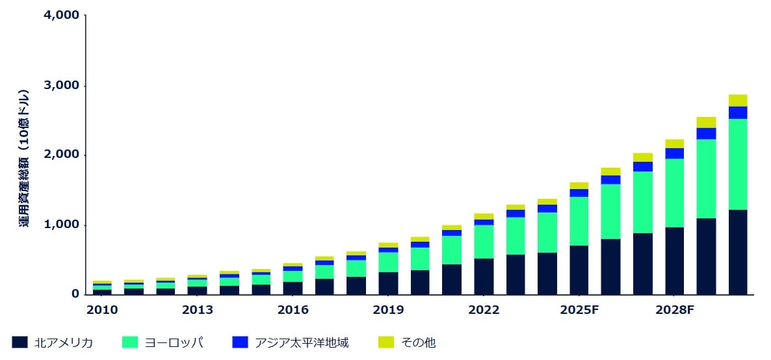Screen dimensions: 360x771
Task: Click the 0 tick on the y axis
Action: (75, 294)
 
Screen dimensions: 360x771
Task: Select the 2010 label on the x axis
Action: (102, 310)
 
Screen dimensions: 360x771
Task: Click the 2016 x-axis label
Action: (293, 310)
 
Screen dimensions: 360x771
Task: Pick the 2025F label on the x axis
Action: (579, 310)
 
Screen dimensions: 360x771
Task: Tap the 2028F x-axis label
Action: (675, 310)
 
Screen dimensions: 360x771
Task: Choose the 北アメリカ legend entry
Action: (64, 342)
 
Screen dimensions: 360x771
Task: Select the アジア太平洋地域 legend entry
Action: (302, 342)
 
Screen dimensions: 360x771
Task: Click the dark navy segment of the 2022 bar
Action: (484, 277)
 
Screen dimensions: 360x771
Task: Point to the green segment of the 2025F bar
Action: (579, 221)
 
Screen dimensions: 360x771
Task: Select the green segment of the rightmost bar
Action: (738, 164)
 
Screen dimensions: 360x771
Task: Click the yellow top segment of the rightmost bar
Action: (738, 100)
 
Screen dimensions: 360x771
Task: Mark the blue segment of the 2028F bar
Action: (674, 153)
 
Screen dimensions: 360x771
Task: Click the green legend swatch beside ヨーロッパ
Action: (130, 342)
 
